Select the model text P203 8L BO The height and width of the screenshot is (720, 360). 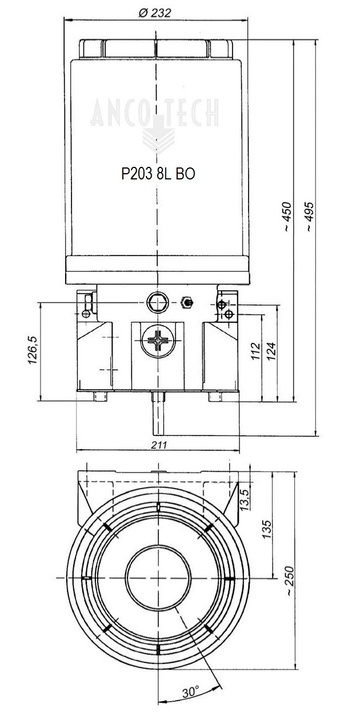pyautogui.click(x=158, y=174)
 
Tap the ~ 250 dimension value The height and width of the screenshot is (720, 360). pyautogui.click(x=290, y=582)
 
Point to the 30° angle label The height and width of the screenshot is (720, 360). pyautogui.click(x=191, y=692)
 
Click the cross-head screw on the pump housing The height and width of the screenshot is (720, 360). pyautogui.click(x=157, y=342)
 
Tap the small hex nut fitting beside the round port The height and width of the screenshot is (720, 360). pyautogui.click(x=186, y=302)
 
